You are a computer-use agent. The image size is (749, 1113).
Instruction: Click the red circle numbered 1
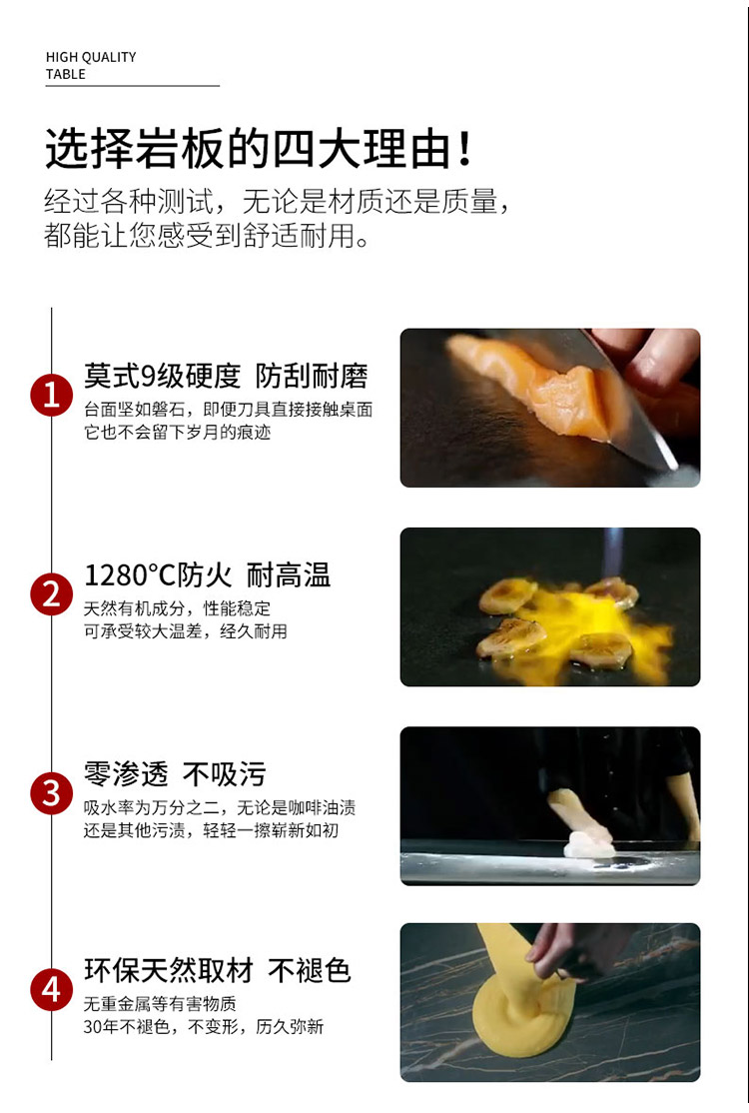51,395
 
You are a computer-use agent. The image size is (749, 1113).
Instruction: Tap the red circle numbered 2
51,594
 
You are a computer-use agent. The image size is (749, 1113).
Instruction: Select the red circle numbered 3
51,793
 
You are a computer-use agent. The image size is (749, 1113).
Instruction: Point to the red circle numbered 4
51,989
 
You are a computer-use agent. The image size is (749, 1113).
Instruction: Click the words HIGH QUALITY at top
91,58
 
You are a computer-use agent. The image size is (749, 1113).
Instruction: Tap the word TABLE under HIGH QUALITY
65,75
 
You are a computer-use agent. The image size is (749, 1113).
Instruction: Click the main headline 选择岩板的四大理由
249,148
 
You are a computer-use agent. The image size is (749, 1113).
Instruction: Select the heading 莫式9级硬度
163,377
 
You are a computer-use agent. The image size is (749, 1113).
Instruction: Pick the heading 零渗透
126,773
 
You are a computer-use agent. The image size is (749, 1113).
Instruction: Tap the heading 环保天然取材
168,970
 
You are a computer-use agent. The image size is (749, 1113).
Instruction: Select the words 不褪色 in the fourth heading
310,970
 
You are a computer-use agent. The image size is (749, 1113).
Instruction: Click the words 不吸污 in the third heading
225,773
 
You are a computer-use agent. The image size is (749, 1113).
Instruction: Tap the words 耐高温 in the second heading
289,575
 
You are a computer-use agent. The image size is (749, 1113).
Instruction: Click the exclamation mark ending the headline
465,148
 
